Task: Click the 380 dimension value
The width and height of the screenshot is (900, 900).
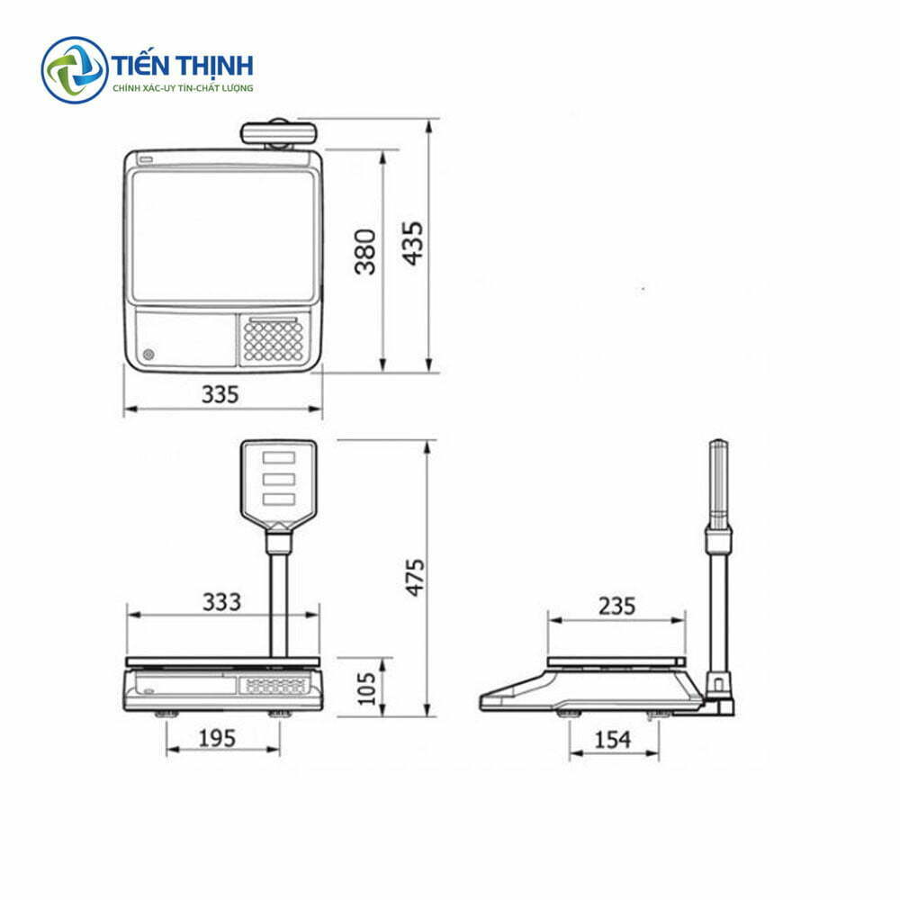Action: coord(364,252)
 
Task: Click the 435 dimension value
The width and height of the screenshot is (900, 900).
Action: coord(412,243)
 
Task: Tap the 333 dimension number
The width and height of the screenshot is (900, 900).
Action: coord(221,601)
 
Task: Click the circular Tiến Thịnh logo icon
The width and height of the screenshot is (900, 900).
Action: coord(74,69)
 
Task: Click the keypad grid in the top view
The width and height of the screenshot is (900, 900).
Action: coord(274,341)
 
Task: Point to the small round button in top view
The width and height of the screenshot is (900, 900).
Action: coord(148,354)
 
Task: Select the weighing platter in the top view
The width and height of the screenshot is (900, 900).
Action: coord(223,236)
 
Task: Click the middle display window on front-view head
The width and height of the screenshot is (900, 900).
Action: coord(278,477)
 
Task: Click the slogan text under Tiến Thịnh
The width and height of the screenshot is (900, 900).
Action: coord(183,88)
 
